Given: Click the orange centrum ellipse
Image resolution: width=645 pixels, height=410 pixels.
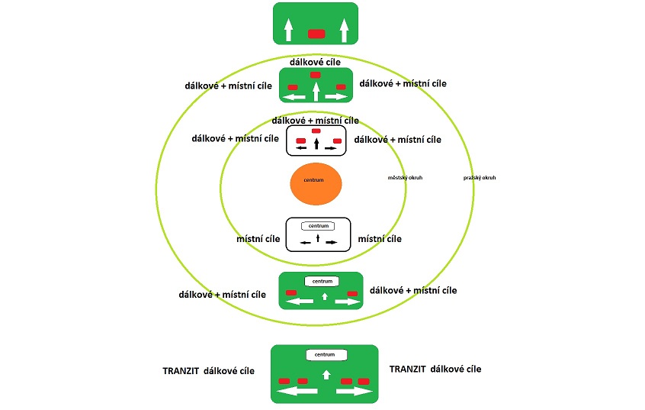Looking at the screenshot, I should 316,182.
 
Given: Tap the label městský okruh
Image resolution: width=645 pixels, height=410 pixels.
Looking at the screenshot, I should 405,178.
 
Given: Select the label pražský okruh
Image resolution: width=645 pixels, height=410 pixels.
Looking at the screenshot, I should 480,178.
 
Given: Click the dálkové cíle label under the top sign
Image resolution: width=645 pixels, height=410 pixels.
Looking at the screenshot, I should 315,61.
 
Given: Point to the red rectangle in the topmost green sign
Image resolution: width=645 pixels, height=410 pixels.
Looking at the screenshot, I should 316,33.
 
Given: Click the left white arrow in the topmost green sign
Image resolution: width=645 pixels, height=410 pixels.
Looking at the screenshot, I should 288,30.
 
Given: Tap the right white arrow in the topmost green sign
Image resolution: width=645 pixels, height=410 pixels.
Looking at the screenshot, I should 344,30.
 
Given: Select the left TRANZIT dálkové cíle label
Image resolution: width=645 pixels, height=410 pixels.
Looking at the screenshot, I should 208,371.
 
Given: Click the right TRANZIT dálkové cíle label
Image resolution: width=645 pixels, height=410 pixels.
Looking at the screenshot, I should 435,369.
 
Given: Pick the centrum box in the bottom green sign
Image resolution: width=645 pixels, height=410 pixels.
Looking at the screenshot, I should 326,355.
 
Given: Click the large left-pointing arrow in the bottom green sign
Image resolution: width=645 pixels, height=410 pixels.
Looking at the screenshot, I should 298,392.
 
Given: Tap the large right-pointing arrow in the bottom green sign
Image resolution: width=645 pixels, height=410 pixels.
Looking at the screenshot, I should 354,392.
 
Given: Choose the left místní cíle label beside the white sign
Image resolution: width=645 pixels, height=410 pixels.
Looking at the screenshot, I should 258,239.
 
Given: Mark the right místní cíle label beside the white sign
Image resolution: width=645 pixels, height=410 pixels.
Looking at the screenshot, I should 380,239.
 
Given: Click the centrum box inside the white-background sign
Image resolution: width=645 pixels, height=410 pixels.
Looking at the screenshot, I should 318,226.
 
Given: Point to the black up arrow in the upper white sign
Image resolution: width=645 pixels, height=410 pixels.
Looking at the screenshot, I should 316,143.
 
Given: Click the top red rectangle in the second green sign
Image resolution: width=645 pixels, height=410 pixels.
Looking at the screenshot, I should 316,75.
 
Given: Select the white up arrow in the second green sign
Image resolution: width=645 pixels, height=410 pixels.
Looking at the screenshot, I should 316,92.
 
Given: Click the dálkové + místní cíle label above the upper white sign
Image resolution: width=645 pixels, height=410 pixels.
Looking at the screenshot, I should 315,121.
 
